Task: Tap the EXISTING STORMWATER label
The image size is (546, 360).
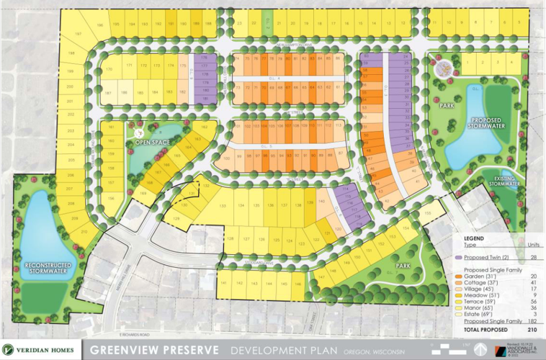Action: pos(505,181)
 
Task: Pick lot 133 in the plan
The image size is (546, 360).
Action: pos(223,207)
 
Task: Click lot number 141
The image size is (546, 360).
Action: pos(223,284)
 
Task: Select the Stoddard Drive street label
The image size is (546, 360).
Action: pos(257,264)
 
